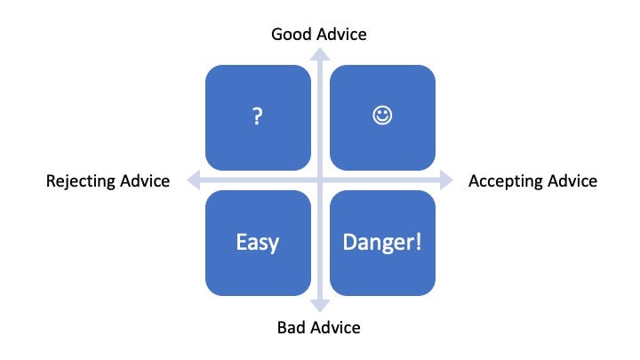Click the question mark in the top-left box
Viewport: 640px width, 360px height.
(258, 117)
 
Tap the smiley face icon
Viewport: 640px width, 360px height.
(382, 116)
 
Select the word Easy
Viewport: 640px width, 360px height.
(258, 242)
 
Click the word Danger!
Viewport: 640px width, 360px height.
(382, 242)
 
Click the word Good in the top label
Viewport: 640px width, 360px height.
(290, 34)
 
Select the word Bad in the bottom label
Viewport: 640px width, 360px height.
(292, 327)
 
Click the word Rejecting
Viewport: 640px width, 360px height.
(82, 181)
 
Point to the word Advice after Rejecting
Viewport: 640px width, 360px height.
(145, 181)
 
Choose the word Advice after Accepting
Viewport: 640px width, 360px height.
(571, 181)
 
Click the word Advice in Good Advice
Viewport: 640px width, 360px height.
(340, 34)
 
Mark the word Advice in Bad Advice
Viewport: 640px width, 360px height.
(336, 327)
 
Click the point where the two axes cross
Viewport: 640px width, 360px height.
(320, 180)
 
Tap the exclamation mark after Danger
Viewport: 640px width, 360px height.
(418, 242)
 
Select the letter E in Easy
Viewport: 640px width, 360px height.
(240, 242)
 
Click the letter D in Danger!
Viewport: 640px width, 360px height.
(351, 242)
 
